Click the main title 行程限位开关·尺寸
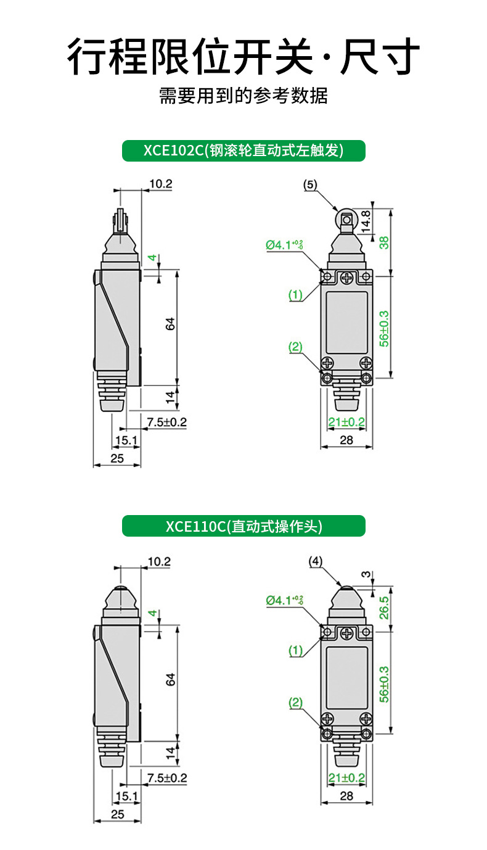243,57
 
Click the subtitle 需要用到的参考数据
243,96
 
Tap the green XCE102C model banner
243,151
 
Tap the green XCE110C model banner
243,526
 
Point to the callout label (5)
311,184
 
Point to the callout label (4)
315,561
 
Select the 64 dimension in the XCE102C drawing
171,324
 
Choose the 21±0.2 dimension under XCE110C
346,778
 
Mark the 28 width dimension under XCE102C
346,439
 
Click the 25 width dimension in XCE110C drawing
117,814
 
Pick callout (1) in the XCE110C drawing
296,650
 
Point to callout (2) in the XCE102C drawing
296,347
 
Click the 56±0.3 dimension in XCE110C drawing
384,683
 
